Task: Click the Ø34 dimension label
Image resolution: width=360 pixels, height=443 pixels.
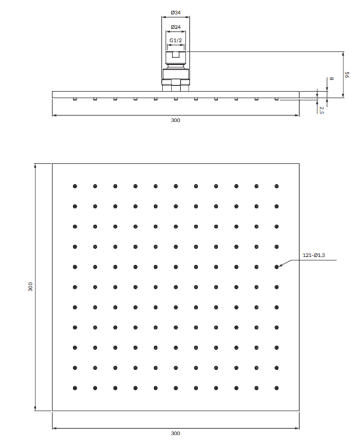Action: point(176,12)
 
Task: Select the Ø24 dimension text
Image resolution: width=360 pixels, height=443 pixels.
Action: point(176,27)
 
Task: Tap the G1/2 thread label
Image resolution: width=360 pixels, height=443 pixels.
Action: point(176,40)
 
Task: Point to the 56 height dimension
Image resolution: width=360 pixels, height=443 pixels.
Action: point(347,75)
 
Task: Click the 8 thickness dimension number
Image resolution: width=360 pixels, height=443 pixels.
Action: point(332,79)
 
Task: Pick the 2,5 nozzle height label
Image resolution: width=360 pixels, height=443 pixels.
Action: point(321,110)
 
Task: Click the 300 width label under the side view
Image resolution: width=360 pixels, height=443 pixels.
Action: point(176,120)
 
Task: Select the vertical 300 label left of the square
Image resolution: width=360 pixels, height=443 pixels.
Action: point(30,286)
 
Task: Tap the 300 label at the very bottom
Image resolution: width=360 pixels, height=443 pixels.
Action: point(176,434)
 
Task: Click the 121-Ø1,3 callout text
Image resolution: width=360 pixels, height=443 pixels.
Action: point(314,255)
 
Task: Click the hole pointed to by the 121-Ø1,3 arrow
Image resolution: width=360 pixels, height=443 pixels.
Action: point(277,267)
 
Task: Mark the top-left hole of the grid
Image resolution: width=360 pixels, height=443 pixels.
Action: point(75,186)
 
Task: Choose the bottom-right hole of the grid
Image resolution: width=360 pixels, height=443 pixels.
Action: point(277,388)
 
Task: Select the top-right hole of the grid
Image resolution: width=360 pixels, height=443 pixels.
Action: point(277,186)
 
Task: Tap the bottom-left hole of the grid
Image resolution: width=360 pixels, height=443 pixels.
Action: point(75,388)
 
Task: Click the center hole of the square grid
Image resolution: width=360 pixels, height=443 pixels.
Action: point(176,287)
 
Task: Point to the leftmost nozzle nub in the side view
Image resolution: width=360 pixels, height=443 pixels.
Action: point(75,99)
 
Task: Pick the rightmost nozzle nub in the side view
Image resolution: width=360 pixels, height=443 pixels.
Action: point(277,99)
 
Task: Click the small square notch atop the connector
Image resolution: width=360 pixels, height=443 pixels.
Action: point(176,54)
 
